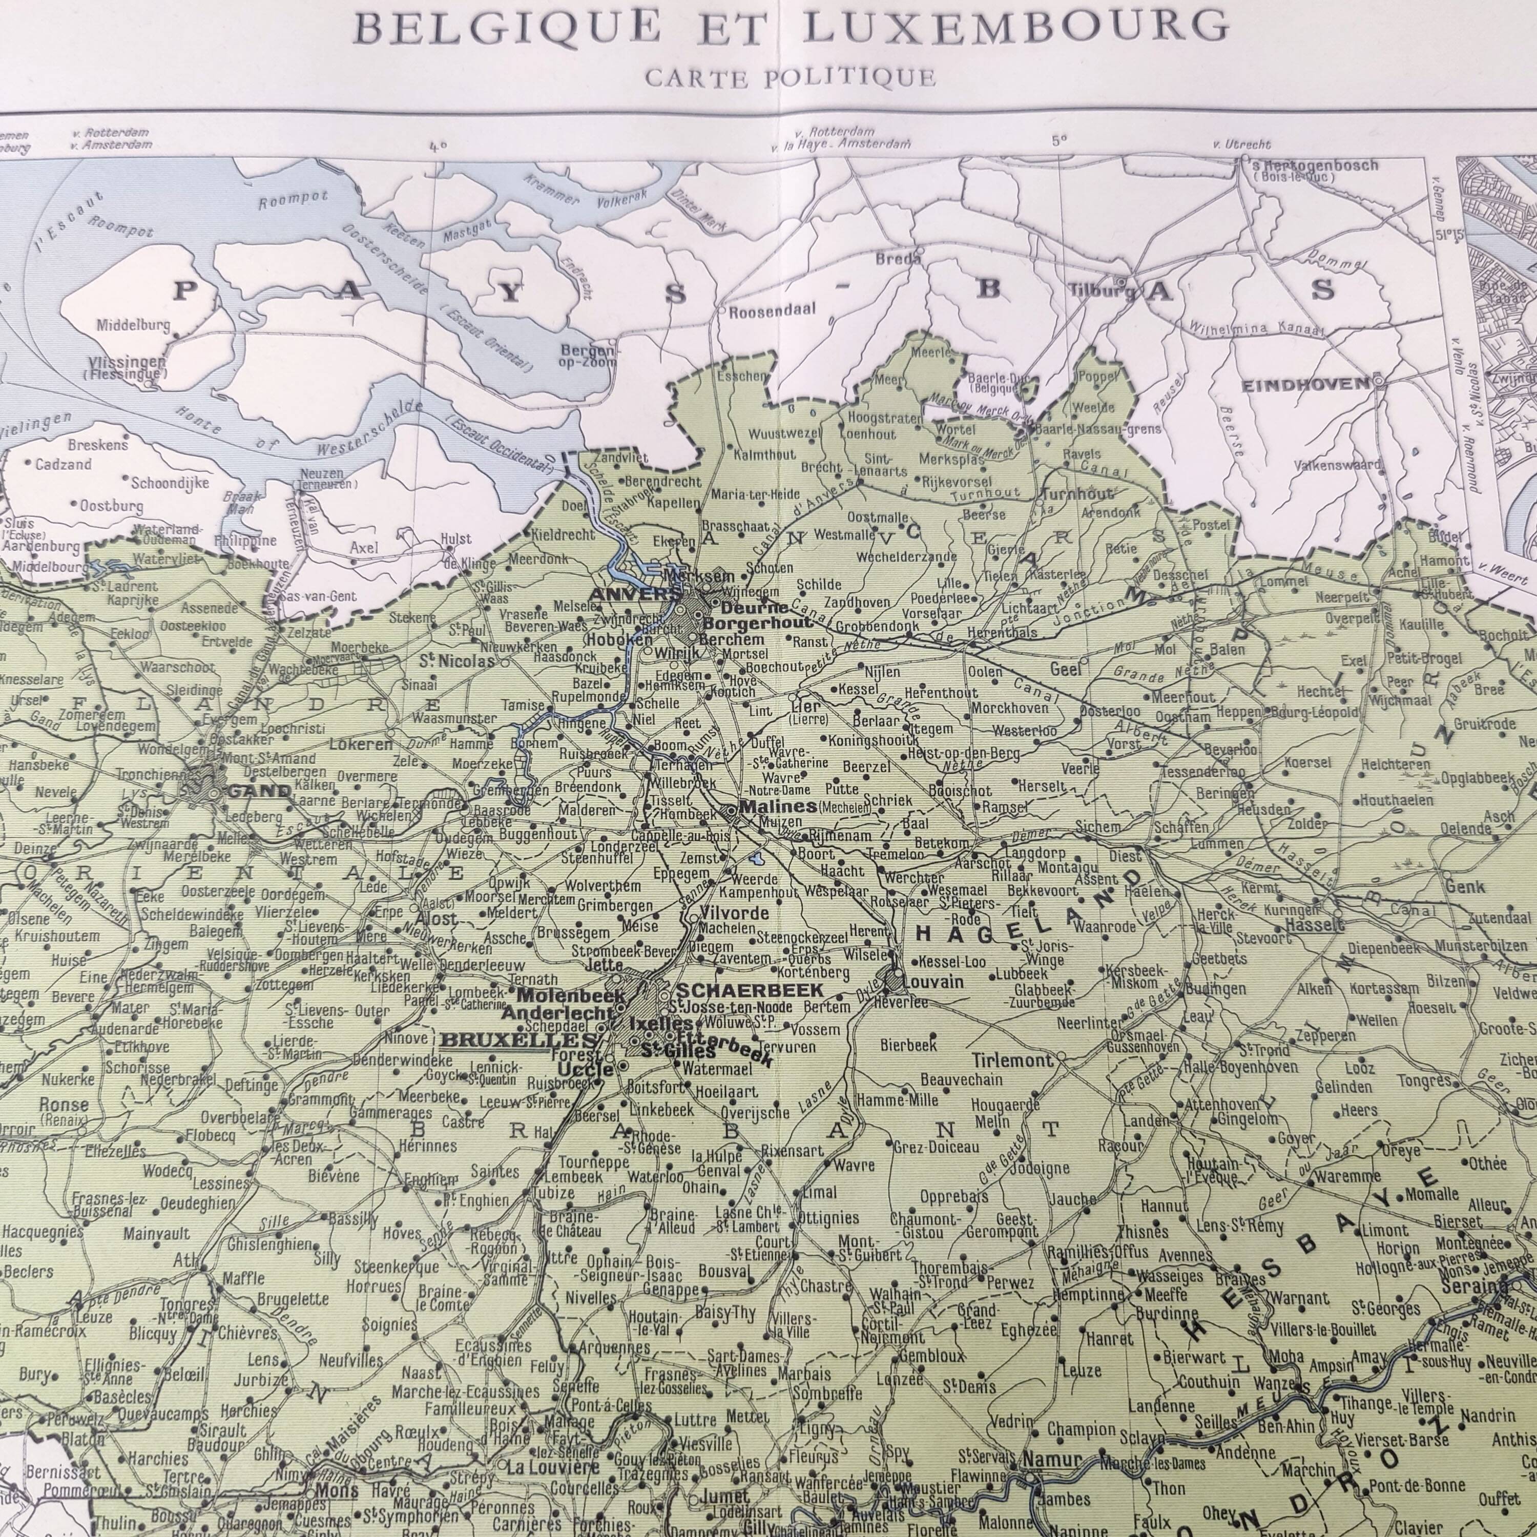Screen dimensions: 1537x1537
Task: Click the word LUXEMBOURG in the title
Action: tap(1015, 26)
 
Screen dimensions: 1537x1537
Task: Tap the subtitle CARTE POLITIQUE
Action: tap(789, 77)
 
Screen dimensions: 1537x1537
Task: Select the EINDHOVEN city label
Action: tap(1305, 385)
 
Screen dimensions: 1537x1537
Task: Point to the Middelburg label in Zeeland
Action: tap(133, 325)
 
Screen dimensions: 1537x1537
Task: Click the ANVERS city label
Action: tap(624, 594)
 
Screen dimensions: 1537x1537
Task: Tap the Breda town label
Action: tap(898, 259)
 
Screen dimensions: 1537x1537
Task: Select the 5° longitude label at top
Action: tap(1059, 141)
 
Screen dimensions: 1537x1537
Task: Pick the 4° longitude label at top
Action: tap(437, 147)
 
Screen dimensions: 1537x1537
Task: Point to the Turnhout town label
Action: tap(1076, 494)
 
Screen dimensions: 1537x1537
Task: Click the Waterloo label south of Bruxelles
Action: tap(654, 1177)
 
